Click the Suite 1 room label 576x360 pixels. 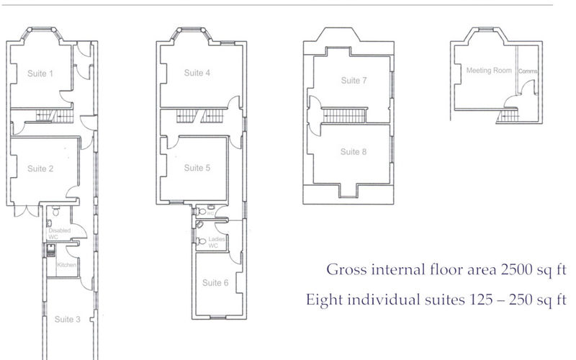pos(40,73)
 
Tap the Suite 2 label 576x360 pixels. pos(40,168)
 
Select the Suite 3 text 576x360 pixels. pos(67,319)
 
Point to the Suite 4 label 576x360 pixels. pos(197,73)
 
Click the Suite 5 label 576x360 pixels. pos(197,168)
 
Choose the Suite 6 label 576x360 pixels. pos(215,282)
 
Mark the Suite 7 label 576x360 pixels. pos(354,81)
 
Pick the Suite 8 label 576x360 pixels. pos(354,152)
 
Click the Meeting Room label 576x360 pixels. pos(489,71)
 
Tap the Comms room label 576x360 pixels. pos(528,71)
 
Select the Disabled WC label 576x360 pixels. pos(59,233)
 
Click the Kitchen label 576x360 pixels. pos(66,265)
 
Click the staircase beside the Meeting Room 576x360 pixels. pos(509,114)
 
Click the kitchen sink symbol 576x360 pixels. pos(50,251)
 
